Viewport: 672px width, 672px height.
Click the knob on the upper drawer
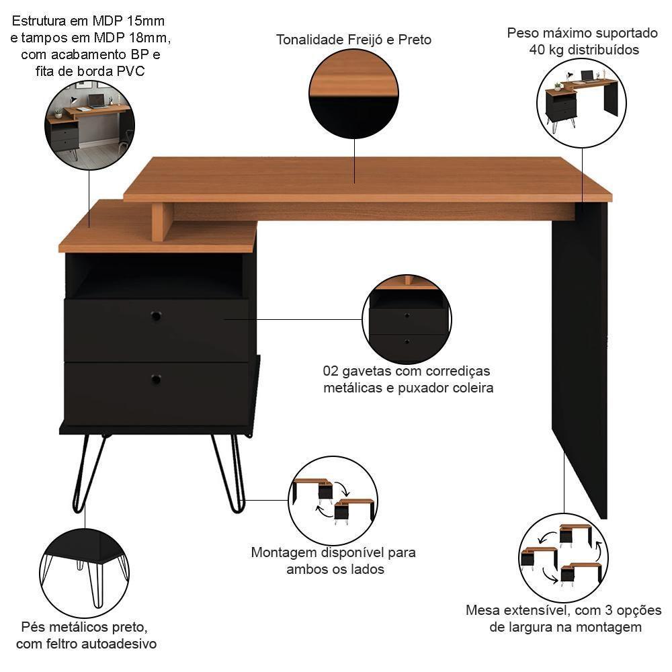tap(156, 315)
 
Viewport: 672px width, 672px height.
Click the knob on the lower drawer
tap(156, 380)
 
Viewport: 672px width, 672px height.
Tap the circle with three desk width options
tap(564, 558)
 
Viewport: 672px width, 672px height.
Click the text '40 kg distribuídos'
tap(582, 50)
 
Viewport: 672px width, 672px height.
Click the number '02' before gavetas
tap(331, 372)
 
